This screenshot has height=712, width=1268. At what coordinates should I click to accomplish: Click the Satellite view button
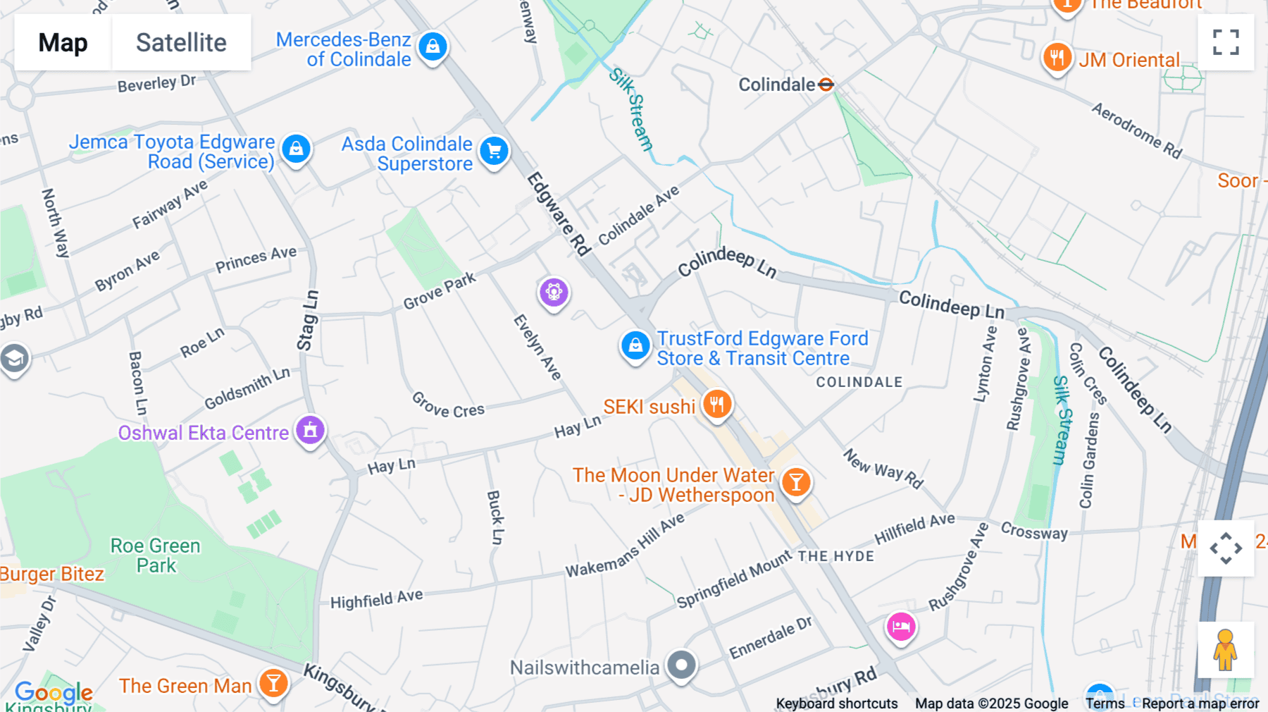point(181,42)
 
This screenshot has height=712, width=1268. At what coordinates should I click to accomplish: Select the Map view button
point(63,42)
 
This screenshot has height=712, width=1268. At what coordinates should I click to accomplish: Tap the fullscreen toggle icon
point(1226,42)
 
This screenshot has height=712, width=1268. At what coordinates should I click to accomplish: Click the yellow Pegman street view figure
point(1225,650)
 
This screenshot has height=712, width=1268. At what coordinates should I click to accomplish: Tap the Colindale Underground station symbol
point(826,85)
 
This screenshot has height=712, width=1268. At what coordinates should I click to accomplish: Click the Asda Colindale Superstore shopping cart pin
point(495,151)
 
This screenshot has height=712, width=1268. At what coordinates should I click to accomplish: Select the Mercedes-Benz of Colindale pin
point(433,47)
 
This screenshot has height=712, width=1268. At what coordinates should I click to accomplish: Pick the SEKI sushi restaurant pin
point(717,405)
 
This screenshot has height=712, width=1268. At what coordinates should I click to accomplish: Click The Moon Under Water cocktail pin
point(796,482)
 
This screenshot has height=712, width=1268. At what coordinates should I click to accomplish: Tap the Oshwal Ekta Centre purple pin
point(310,429)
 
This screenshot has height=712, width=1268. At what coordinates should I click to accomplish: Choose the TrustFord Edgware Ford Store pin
point(635,345)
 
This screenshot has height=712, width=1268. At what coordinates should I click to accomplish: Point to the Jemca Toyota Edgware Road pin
point(297,149)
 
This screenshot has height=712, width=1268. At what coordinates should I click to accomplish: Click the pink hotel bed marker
point(901,626)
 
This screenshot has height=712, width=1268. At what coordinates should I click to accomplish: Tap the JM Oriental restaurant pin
point(1057,58)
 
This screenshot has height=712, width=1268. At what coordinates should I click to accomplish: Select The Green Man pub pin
point(273,682)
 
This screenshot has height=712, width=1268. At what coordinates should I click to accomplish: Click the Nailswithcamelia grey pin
point(681,665)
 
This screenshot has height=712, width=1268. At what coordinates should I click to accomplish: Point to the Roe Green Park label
point(156,556)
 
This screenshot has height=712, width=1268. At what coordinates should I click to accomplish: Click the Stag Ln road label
point(308,321)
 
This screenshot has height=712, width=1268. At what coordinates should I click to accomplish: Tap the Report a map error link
point(1200,704)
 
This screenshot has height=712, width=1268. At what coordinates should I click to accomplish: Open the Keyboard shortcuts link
point(837,704)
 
